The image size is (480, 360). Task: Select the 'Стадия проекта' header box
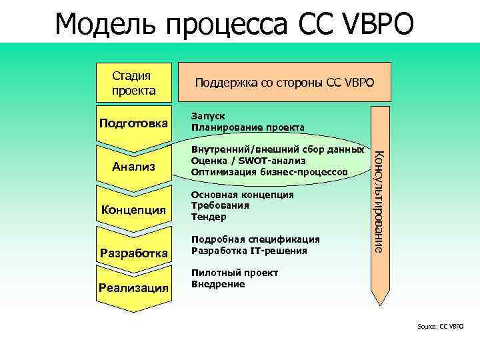(x=134, y=83)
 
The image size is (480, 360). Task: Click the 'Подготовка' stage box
(x=135, y=123)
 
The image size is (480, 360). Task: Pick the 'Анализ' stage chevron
(x=133, y=165)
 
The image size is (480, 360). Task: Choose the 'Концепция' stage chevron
(x=133, y=211)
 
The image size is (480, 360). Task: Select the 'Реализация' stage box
(x=133, y=287)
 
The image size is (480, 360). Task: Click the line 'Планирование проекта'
(x=247, y=127)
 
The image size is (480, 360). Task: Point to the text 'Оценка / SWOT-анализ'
(x=248, y=161)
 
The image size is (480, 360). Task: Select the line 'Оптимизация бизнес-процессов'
(x=269, y=172)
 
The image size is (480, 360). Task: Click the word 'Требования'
(x=220, y=205)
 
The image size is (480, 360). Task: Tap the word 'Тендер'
(x=209, y=217)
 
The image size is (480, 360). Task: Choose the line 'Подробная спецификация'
(x=255, y=239)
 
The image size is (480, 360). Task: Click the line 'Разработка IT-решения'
(x=249, y=250)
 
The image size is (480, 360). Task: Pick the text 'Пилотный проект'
(x=234, y=272)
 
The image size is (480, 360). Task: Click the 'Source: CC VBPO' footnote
(x=440, y=326)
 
